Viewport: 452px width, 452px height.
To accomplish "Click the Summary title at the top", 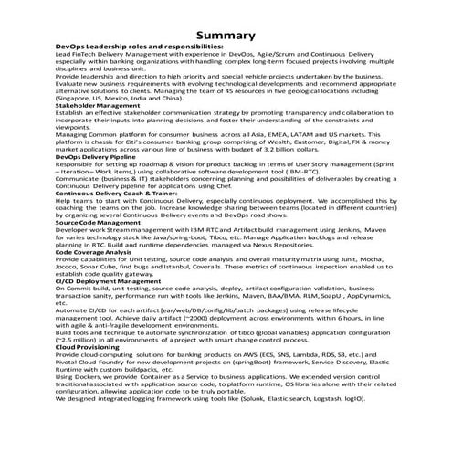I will pyautogui.click(x=225, y=35).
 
